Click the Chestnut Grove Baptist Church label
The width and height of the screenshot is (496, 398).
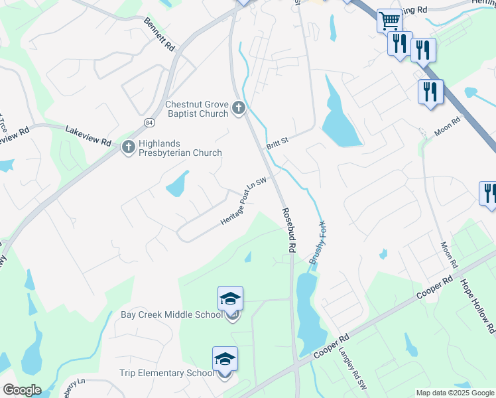coord(196,109)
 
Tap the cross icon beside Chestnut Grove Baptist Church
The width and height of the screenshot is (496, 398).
coord(239,108)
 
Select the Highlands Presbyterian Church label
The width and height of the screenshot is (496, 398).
coord(180,148)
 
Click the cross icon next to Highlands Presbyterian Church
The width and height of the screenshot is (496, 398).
coord(129,147)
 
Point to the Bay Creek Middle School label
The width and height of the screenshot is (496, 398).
coord(171,314)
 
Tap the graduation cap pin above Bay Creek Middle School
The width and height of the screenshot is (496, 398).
coord(230,298)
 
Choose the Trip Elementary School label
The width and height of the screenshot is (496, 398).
coord(167,373)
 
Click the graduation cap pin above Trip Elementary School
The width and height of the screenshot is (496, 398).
coord(225,358)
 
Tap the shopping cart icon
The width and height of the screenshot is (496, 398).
coord(389,21)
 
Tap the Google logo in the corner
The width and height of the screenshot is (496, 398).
coord(21,390)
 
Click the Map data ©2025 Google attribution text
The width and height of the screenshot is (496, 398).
coord(455,393)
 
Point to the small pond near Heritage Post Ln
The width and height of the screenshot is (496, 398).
coord(177,184)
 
